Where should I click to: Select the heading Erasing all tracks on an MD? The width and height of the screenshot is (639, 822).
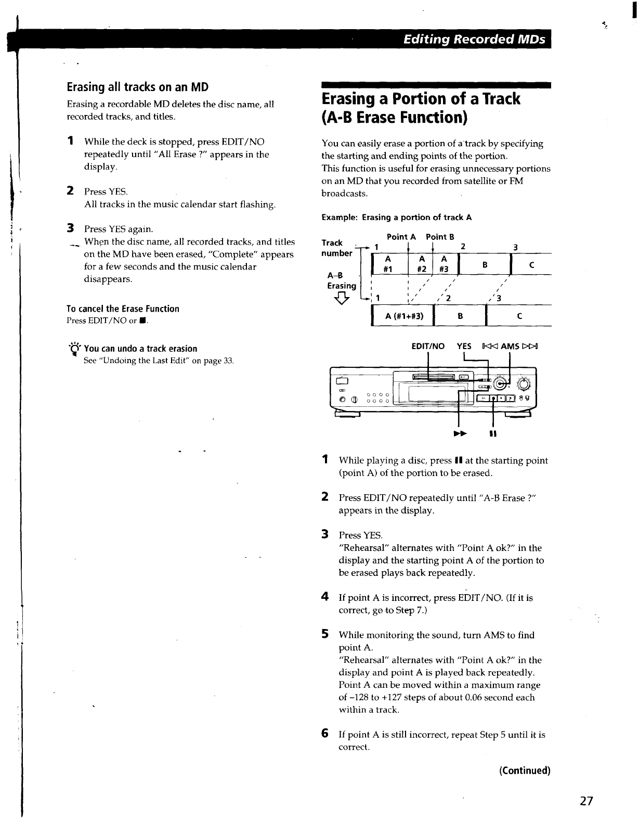(138, 86)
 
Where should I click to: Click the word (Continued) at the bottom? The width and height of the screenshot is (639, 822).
(525, 770)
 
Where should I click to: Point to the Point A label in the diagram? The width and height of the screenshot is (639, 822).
(401, 237)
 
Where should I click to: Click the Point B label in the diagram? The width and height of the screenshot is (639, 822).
(440, 237)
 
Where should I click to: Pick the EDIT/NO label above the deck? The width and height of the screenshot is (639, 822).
(428, 346)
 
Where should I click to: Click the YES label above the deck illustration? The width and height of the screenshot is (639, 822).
(464, 346)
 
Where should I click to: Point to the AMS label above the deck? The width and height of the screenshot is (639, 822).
(510, 346)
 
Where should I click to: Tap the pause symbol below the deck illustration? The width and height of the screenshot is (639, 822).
(492, 433)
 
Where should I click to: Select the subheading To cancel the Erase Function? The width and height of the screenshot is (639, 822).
(123, 309)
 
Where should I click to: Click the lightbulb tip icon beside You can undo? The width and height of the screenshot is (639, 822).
(75, 349)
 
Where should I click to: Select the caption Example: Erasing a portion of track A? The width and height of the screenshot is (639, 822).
(397, 217)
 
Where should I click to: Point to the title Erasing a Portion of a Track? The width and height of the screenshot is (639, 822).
(421, 98)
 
